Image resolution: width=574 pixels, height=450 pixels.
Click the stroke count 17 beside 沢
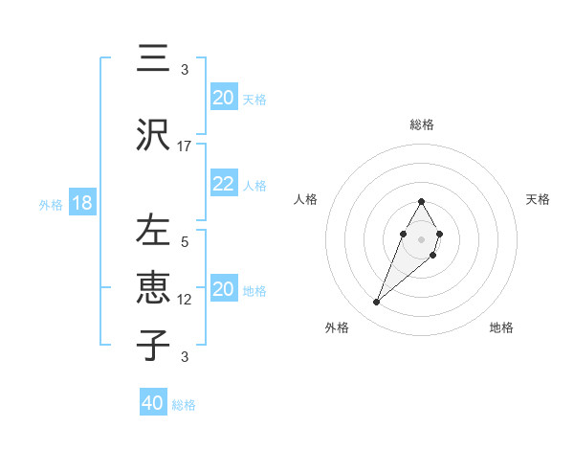click(x=185, y=146)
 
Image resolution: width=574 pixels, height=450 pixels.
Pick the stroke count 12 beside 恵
click(x=185, y=300)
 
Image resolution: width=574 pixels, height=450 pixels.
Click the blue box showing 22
click(x=223, y=184)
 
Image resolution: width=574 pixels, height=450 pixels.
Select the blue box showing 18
click(x=80, y=204)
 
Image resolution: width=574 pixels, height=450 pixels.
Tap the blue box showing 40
click(x=152, y=403)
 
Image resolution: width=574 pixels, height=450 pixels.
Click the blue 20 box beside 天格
click(x=223, y=98)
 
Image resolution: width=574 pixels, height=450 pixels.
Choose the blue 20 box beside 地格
click(x=223, y=289)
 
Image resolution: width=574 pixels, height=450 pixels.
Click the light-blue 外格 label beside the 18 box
click(x=51, y=205)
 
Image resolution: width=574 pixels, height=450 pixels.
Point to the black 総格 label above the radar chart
click(x=422, y=124)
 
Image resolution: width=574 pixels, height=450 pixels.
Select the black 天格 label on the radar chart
click(x=538, y=199)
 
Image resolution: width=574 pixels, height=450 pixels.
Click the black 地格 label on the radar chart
click(x=501, y=327)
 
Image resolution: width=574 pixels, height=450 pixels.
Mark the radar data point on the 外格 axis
click(x=376, y=303)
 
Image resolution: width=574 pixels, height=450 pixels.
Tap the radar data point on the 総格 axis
click(x=421, y=201)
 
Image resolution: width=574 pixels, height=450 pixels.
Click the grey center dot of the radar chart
click(x=421, y=237)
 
